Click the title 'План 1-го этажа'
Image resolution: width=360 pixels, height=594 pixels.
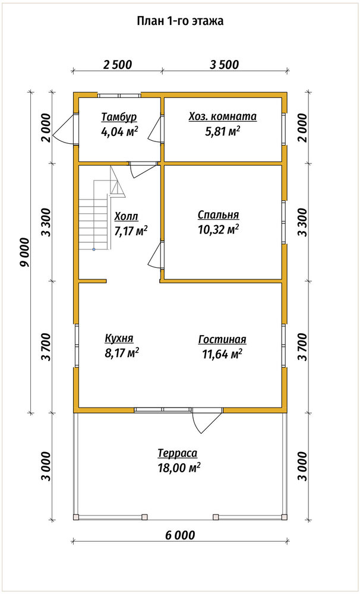(180, 21)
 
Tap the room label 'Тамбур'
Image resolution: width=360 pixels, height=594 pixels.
(119, 116)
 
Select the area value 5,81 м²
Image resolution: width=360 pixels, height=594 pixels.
(222, 132)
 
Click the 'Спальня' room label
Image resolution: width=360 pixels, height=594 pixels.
(218, 215)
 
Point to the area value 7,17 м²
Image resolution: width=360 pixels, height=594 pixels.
(131, 230)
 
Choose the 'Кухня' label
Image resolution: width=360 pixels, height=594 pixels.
(119, 338)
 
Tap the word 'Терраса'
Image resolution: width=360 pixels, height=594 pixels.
(178, 453)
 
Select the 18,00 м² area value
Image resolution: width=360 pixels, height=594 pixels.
(179, 468)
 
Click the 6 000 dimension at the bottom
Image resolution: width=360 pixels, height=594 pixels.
(180, 535)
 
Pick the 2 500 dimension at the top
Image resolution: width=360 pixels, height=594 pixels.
(117, 64)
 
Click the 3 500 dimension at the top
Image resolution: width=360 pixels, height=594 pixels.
(224, 64)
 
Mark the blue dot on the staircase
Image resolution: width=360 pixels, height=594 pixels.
(94, 249)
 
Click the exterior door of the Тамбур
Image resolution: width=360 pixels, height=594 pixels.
(65, 129)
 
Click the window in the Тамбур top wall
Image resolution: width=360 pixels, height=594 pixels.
(119, 95)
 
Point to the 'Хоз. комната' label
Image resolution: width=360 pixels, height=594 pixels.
(223, 116)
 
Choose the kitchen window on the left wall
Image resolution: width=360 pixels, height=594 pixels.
(76, 346)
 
